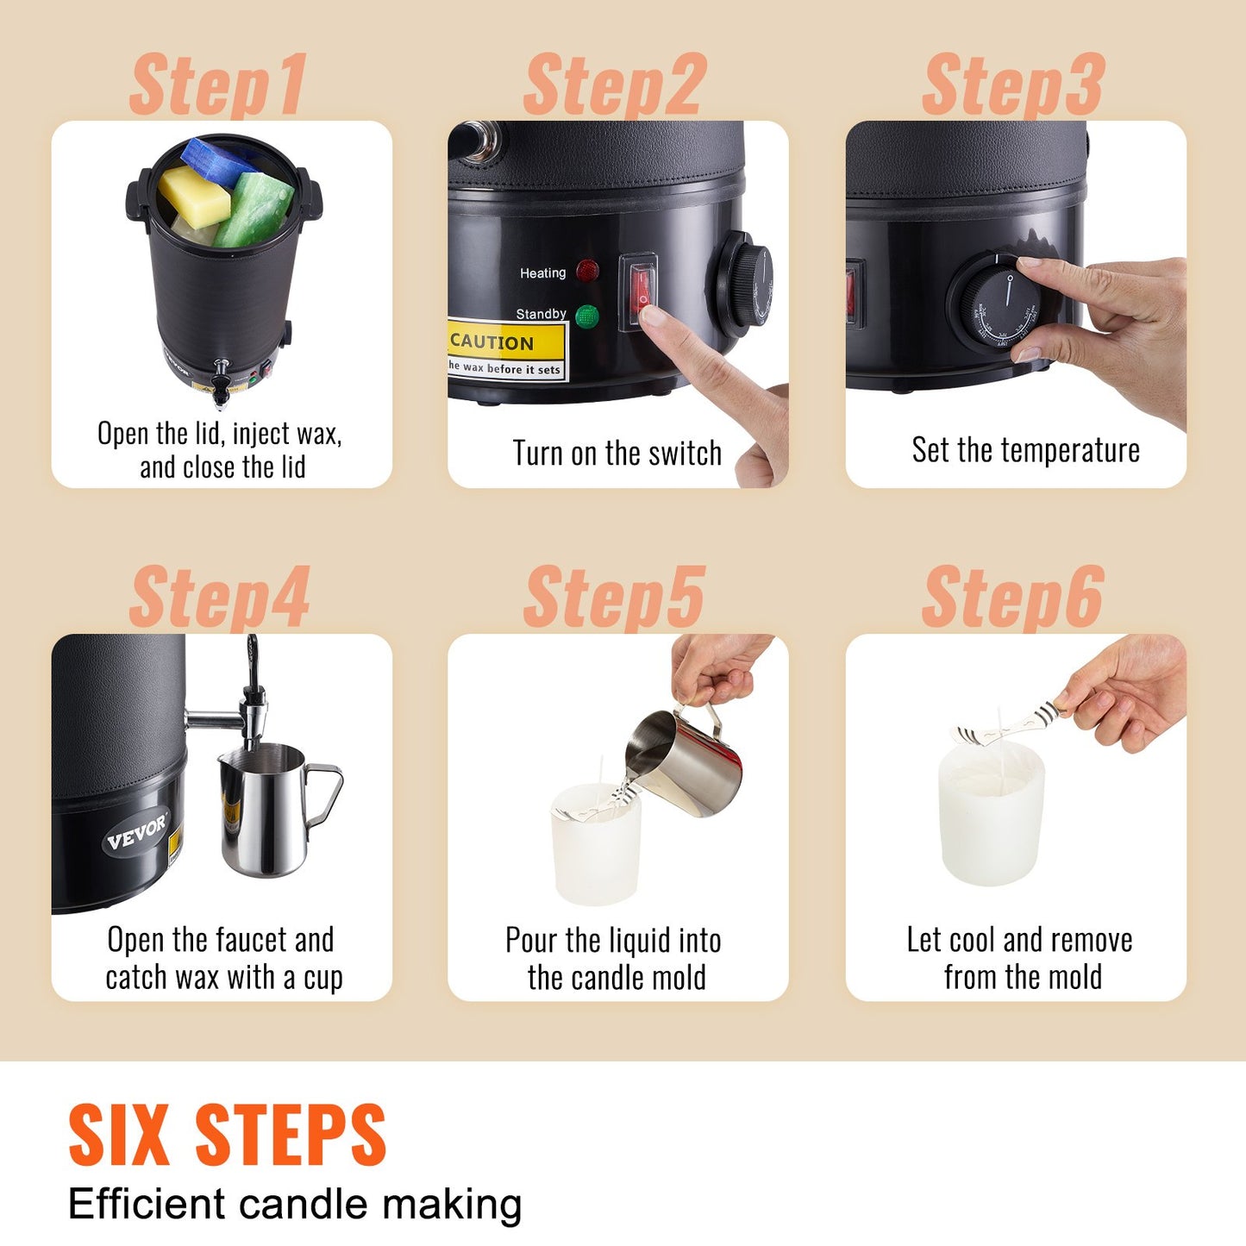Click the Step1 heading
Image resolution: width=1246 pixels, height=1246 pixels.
pyautogui.click(x=217, y=85)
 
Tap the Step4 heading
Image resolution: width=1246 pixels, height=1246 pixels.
pyautogui.click(x=219, y=598)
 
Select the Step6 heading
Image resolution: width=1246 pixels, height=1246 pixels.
pyautogui.click(x=1012, y=598)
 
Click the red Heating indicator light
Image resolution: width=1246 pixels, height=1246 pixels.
pyautogui.click(x=587, y=272)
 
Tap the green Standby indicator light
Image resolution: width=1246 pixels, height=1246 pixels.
pyautogui.click(x=586, y=316)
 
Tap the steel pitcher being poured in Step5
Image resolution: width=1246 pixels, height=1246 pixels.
pyautogui.click(x=690, y=763)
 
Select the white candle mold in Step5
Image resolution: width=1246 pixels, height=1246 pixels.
pyautogui.click(x=596, y=849)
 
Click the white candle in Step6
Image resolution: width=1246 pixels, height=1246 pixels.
pyautogui.click(x=992, y=815)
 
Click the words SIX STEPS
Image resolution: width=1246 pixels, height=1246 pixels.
pyautogui.click(x=228, y=1136)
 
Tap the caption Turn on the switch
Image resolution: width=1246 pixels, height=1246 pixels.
pyautogui.click(x=617, y=454)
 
